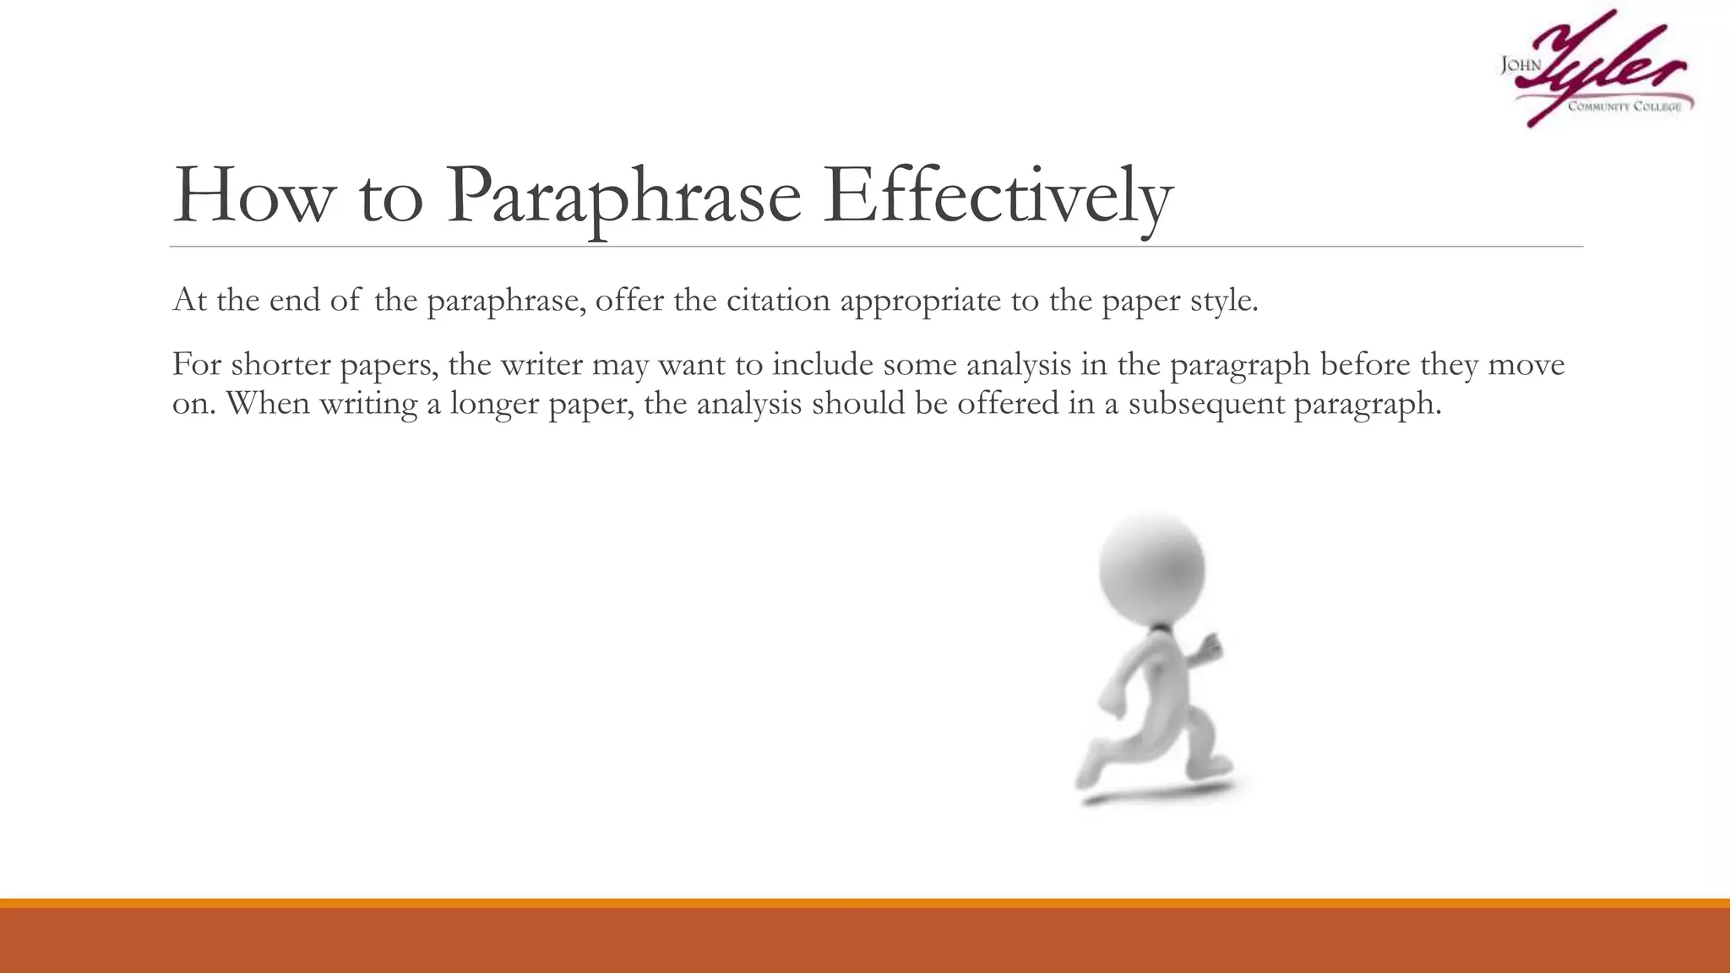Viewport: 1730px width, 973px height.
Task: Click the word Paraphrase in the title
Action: pos(623,196)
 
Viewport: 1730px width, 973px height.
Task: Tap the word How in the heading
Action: pos(253,196)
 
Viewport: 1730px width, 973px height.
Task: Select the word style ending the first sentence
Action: pos(1224,302)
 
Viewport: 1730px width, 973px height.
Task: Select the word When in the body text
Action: pos(268,403)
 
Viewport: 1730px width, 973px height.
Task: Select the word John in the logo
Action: pos(1520,65)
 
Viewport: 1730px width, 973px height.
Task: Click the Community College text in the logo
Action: pos(1624,106)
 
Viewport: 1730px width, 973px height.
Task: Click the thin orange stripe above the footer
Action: pos(865,903)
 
